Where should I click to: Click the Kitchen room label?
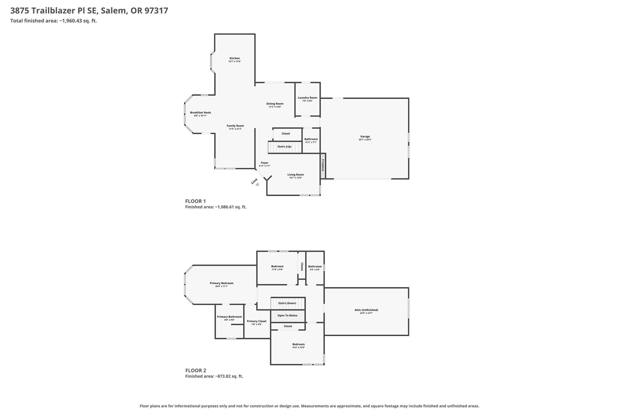coord(235,58)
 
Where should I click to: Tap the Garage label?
coord(365,136)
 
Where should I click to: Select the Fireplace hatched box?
coord(323,166)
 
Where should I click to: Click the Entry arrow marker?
coord(257,184)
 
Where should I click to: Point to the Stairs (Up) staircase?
coord(285,147)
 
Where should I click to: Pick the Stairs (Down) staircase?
coord(287,303)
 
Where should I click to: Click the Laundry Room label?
coord(307,97)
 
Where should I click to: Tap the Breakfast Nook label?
coord(200,113)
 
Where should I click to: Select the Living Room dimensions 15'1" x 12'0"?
coord(295,178)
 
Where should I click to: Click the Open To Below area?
coord(287,316)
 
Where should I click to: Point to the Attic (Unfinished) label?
coord(366,310)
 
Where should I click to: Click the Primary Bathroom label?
coord(229,317)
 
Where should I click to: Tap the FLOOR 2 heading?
coord(196,370)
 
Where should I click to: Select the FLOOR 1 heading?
coord(195,201)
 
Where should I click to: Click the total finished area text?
coord(53,21)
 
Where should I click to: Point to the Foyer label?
coord(264,163)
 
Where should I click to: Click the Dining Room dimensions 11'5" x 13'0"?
coord(275,107)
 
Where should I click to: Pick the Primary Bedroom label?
coord(222,283)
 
